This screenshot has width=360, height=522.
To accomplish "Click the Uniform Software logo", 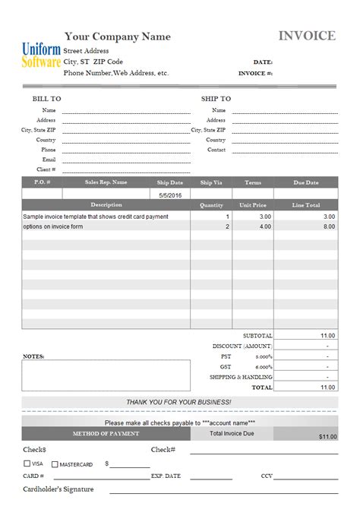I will tap(41, 55).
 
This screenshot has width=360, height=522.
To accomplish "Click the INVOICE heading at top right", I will tap(307, 36).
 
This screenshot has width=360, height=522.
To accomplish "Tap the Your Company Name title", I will tap(118, 36).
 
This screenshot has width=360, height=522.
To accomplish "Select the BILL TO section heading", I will tap(46, 99).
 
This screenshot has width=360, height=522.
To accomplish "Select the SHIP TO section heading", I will tap(216, 99).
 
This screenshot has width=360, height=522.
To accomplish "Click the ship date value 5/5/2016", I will tap(170, 195).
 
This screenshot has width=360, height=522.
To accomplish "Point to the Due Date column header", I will tap(306, 182).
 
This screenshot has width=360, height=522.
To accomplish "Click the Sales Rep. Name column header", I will tap(106, 182).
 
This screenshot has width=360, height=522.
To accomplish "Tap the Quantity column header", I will tap(211, 205).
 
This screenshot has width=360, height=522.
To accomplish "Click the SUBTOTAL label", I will tap(257, 335).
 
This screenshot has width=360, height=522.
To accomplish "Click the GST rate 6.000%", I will tap(264, 366).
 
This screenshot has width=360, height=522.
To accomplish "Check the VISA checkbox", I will tap(28, 463).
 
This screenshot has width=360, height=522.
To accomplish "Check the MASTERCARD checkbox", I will tap(55, 463).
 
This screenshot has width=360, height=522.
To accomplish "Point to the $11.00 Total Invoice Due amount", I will tap(327, 437).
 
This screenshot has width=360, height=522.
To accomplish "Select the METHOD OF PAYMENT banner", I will tap(106, 434).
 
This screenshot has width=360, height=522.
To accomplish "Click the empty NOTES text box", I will tap(106, 374).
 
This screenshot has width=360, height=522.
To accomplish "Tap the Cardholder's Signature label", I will tap(58, 489).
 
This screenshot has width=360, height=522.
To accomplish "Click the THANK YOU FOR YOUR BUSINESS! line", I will tap(179, 401).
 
